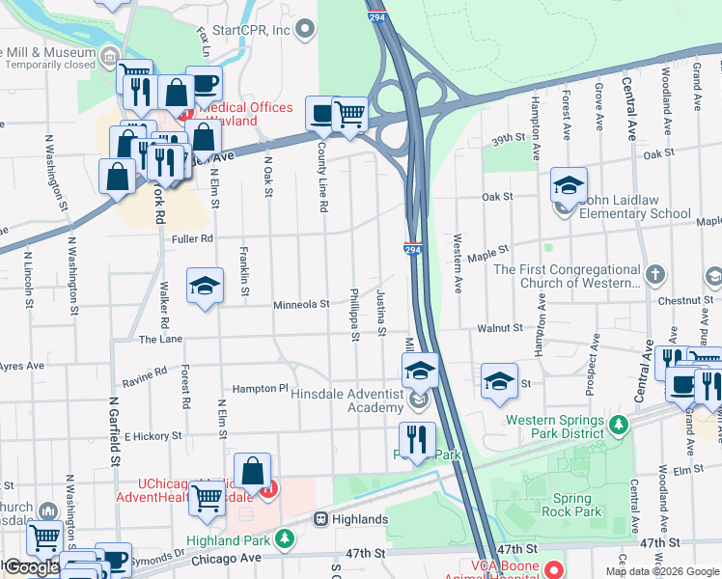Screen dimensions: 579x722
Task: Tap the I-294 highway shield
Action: (x=414, y=249)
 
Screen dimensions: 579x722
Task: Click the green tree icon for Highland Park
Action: (x=285, y=538)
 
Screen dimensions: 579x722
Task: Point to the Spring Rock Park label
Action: (x=571, y=505)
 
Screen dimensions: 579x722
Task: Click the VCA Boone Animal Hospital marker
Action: (x=553, y=570)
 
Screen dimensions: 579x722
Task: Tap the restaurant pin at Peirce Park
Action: (x=417, y=439)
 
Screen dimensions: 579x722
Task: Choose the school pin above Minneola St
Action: (x=204, y=286)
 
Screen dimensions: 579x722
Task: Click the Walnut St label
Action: (x=499, y=329)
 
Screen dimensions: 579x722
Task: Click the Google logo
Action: (x=31, y=568)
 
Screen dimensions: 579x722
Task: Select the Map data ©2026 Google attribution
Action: (x=661, y=571)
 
